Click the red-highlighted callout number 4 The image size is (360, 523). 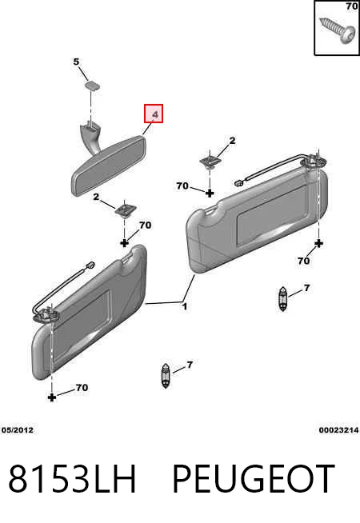155,114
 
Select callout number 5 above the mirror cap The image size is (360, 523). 77,62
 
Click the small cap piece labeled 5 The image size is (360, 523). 91,85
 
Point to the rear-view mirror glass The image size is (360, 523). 109,166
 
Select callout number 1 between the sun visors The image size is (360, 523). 185,306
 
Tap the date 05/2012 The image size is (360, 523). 18,430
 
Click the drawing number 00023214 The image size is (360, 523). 338,430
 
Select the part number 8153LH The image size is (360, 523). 72,478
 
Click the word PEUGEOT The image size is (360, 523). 254,478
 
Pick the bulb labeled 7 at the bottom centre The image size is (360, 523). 166,376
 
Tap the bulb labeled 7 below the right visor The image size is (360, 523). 282,299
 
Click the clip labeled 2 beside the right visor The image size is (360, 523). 209,162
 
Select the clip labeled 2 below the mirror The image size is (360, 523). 125,210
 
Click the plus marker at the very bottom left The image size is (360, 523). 52,397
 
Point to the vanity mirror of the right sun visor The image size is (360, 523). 272,217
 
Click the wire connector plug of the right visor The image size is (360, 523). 239,182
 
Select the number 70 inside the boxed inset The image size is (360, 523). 352,6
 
